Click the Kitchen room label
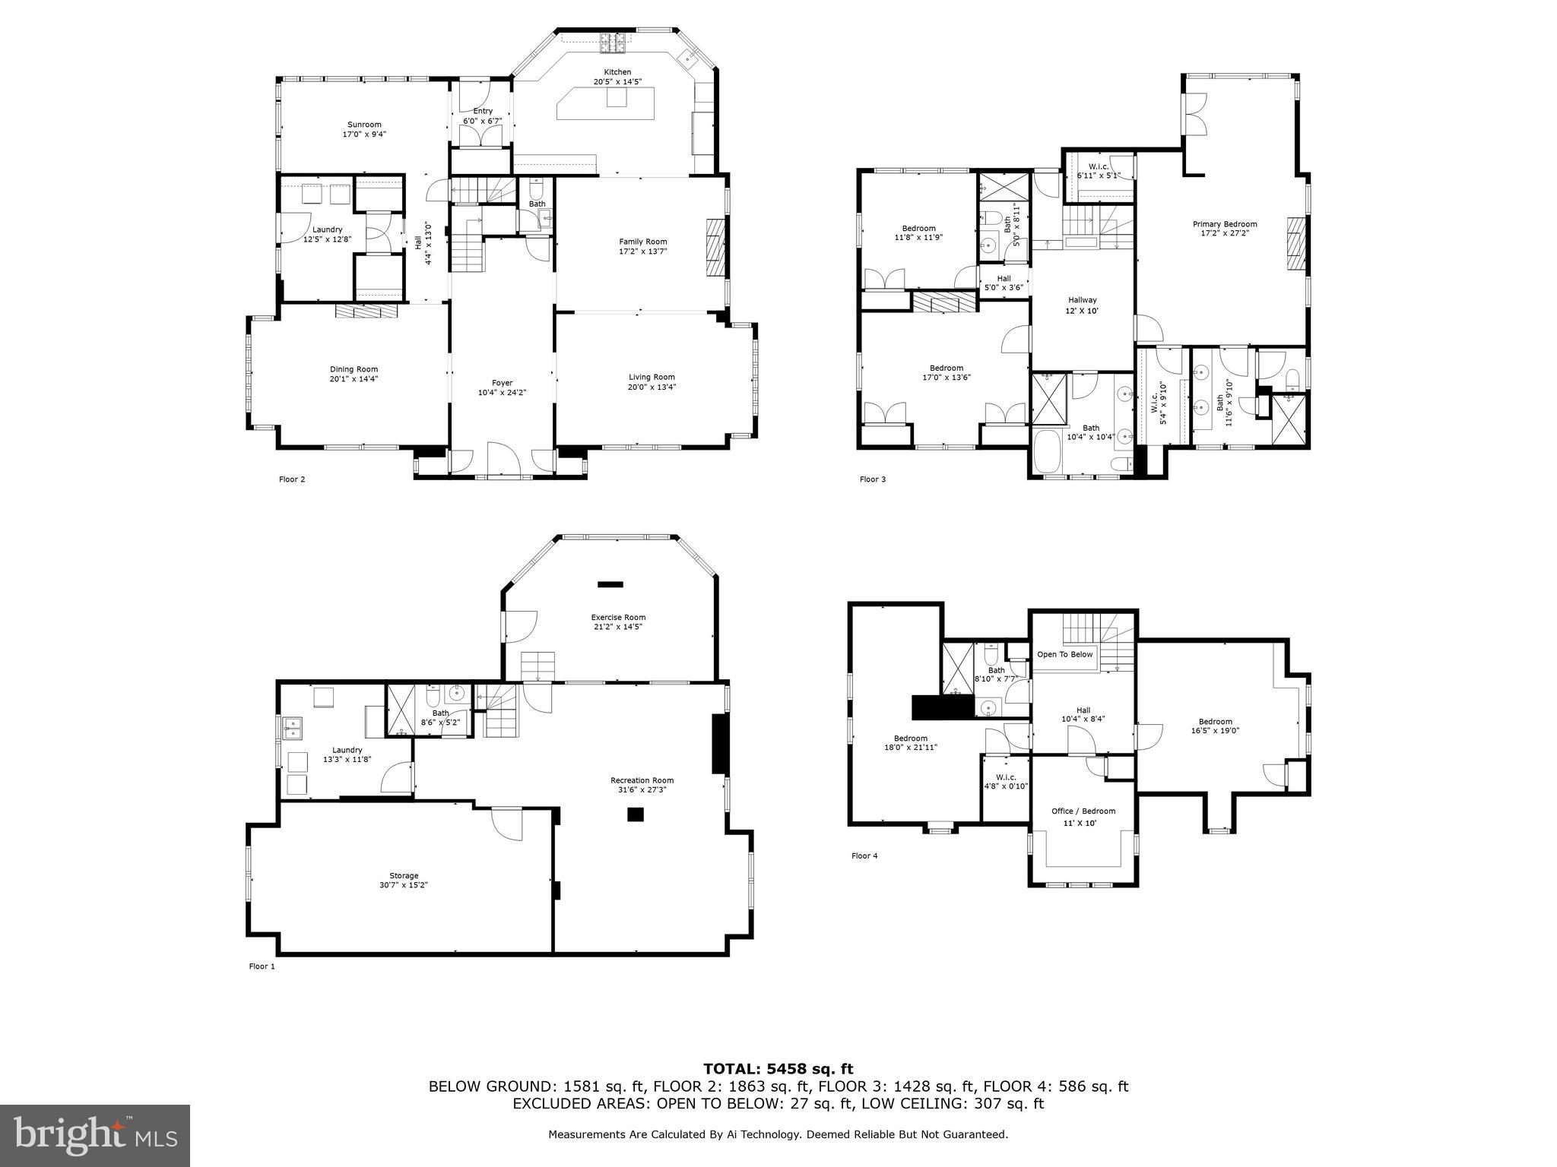coord(617,72)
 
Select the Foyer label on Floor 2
coord(502,383)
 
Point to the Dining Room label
coord(354,369)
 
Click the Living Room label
coord(652,377)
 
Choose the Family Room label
coord(642,242)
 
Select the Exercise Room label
coord(618,617)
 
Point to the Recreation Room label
coord(642,780)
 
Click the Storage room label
coord(404,875)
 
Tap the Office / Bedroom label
coord(1083,811)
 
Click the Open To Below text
coord(1064,654)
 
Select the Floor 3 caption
coord(872,479)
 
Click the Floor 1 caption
coord(262,966)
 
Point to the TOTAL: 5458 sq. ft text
coord(778,1069)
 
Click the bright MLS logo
coord(95,1136)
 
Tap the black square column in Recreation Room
coord(636,814)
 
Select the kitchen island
coord(605,103)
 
